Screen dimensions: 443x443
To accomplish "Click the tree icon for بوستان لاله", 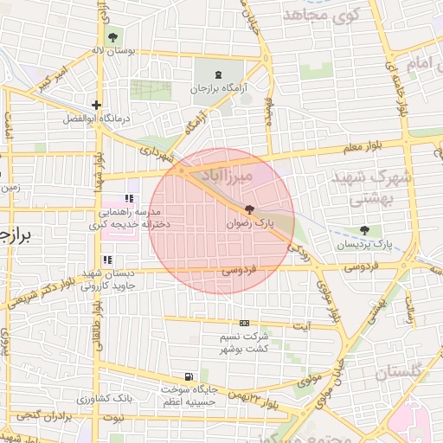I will (x=112, y=36).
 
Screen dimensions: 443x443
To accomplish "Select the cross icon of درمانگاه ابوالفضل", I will (x=97, y=105).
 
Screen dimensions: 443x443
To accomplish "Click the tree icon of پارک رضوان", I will (x=250, y=209).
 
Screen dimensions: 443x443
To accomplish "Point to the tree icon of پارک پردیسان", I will (x=364, y=231).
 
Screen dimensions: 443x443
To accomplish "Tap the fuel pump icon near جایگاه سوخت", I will (x=188, y=376).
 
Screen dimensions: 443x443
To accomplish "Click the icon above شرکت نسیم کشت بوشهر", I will (x=244, y=322).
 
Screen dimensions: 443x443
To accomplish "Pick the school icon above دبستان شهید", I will (x=106, y=260).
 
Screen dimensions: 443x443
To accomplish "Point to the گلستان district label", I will (x=404, y=372).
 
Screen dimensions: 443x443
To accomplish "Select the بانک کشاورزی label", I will (x=102, y=400).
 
